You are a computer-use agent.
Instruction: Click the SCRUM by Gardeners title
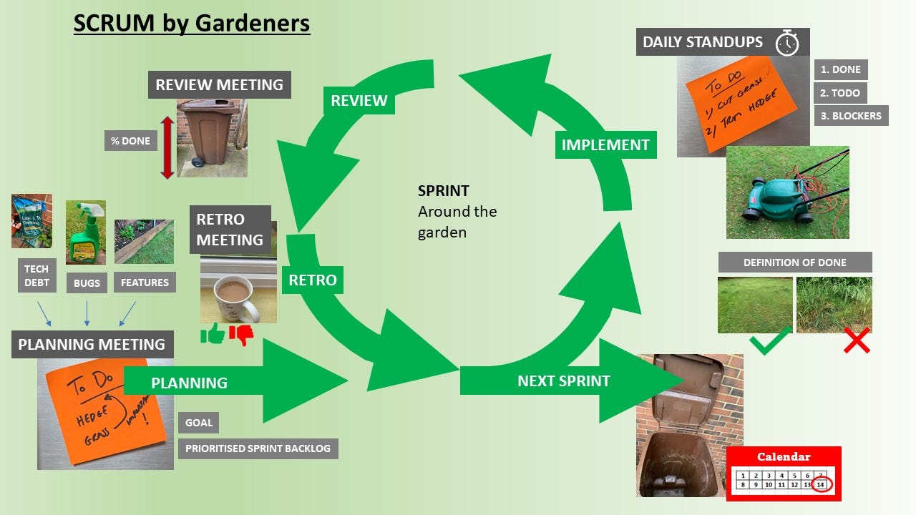click(192, 23)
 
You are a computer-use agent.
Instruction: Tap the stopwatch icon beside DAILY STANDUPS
click(787, 43)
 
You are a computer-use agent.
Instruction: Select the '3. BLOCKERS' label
click(852, 116)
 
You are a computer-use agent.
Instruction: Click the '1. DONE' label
click(841, 69)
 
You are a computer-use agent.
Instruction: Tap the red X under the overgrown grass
click(856, 341)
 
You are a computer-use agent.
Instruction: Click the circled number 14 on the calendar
click(821, 485)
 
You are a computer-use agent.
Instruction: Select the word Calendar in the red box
click(784, 456)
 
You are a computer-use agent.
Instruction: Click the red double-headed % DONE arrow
click(167, 147)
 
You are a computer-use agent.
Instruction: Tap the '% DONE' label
click(130, 141)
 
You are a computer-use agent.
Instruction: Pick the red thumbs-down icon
click(241, 334)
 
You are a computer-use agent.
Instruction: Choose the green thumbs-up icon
click(213, 333)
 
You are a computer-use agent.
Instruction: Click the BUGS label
click(87, 283)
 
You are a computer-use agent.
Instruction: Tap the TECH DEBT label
click(36, 276)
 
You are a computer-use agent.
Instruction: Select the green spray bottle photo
click(85, 232)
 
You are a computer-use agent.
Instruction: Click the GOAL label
click(198, 423)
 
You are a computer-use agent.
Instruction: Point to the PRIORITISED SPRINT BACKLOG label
click(258, 448)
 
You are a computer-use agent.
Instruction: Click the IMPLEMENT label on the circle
click(605, 144)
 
